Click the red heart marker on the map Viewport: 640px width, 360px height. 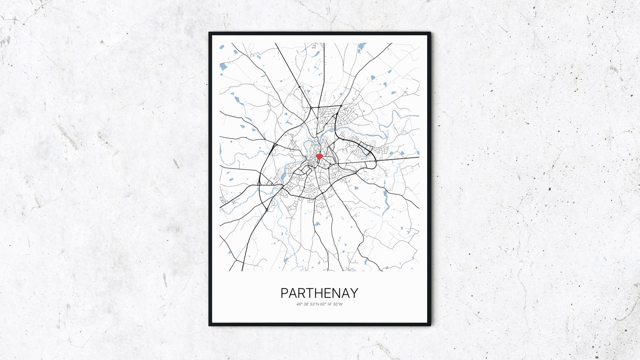tap(319, 156)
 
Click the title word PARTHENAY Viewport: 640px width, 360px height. tap(319, 293)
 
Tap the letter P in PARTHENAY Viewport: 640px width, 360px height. tap(284, 293)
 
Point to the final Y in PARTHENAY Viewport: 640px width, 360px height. tap(354, 293)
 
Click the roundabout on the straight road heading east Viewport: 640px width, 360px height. tap(376, 161)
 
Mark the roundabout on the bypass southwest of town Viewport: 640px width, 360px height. tap(267, 209)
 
